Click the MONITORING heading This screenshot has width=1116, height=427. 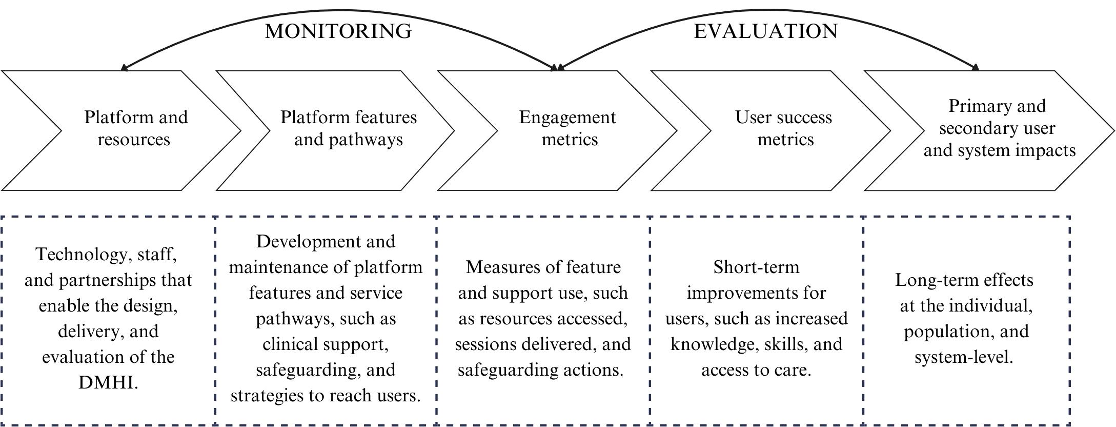click(338, 31)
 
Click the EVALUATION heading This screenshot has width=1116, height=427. click(765, 31)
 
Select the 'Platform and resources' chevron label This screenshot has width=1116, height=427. click(135, 128)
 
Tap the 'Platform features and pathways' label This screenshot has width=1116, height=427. click(348, 128)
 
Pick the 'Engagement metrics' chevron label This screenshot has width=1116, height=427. click(567, 128)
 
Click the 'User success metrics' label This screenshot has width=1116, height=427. click(783, 128)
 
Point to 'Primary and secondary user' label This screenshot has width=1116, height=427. click(997, 117)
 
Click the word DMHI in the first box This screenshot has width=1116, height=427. click(108, 383)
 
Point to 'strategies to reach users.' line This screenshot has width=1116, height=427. click(326, 396)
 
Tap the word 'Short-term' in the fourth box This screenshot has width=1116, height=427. click(756, 267)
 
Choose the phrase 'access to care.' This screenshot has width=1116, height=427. click(756, 370)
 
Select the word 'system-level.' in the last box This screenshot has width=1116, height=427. click(964, 357)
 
